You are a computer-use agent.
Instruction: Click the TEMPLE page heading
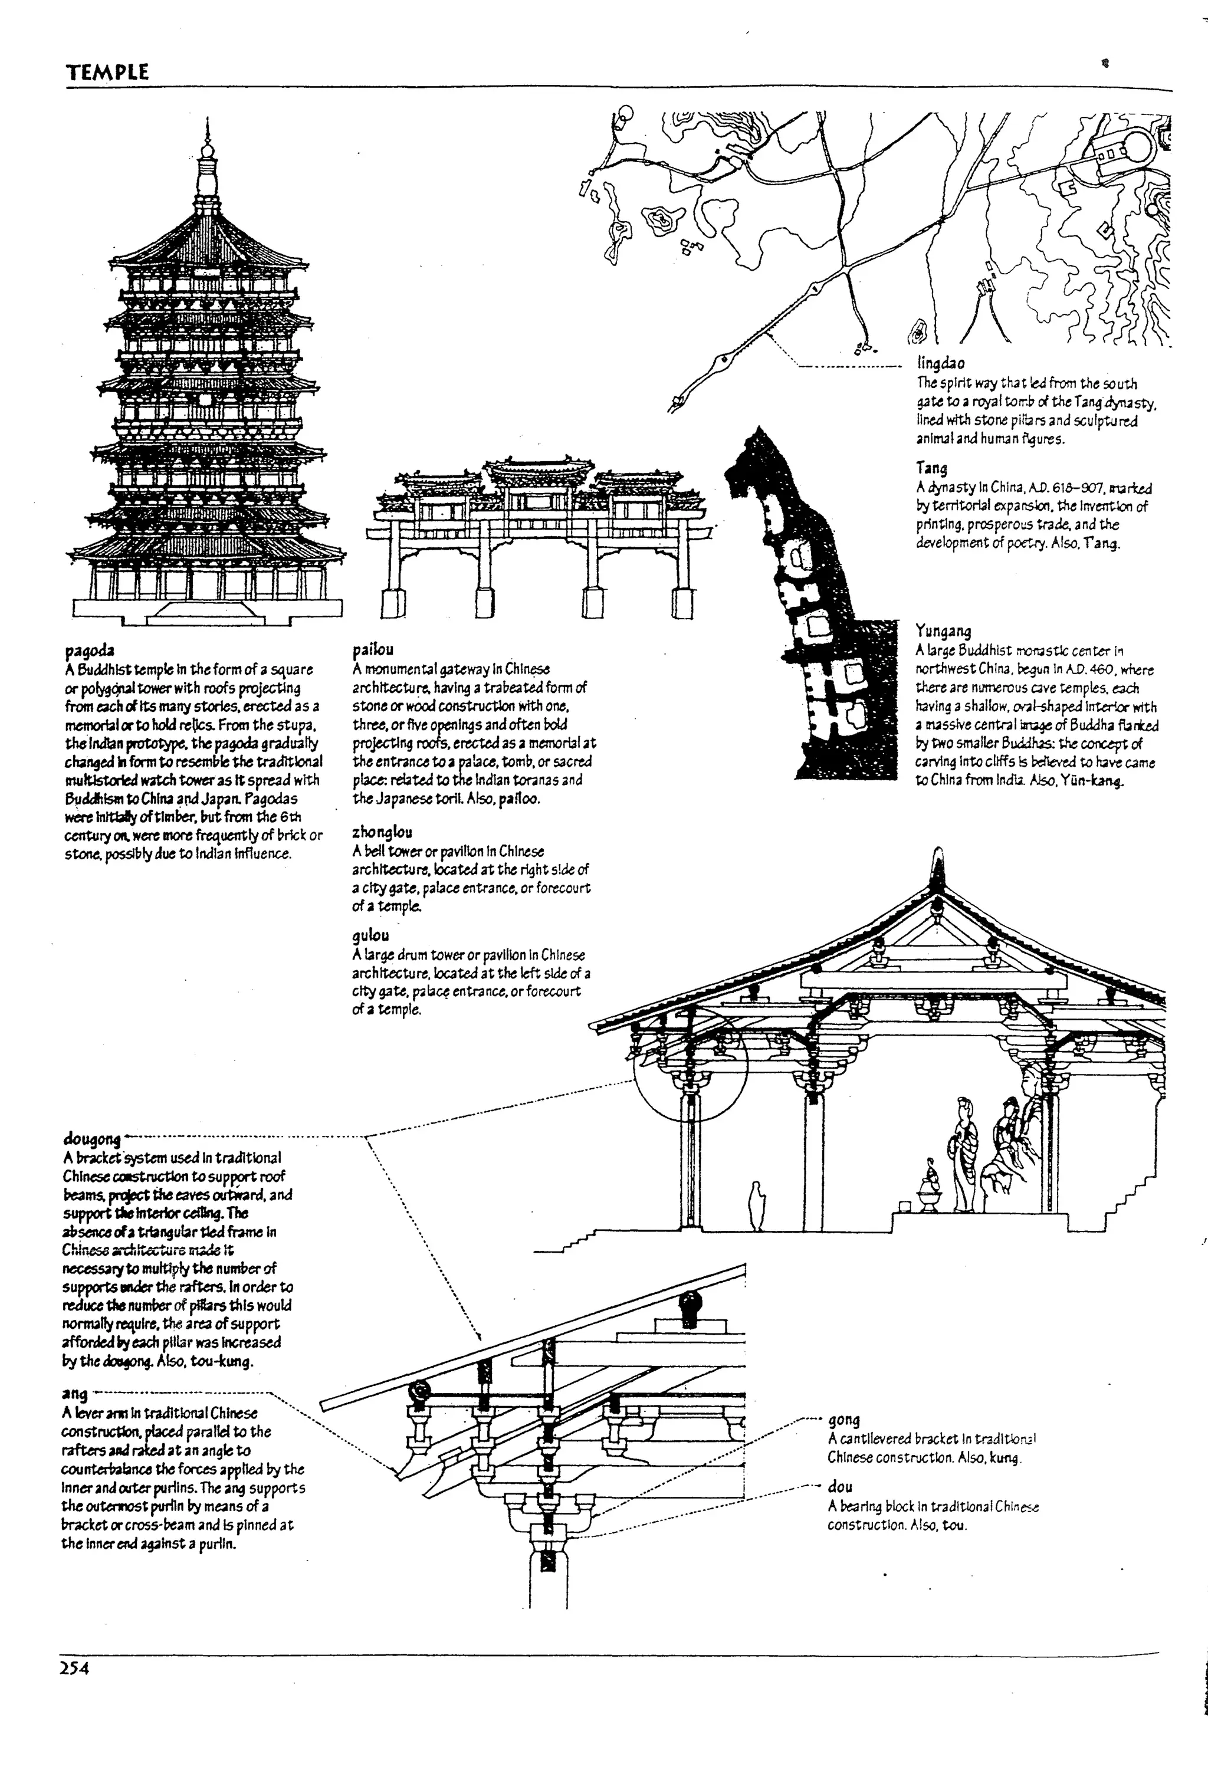click(x=106, y=73)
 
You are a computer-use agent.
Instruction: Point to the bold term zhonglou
click(x=382, y=832)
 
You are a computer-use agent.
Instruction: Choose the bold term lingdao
click(x=940, y=363)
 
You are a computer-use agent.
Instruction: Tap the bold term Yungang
click(x=943, y=631)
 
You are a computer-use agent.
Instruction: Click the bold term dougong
click(x=92, y=1139)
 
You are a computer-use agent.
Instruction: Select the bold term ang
click(x=74, y=1394)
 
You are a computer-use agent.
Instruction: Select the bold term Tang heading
click(x=931, y=467)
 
